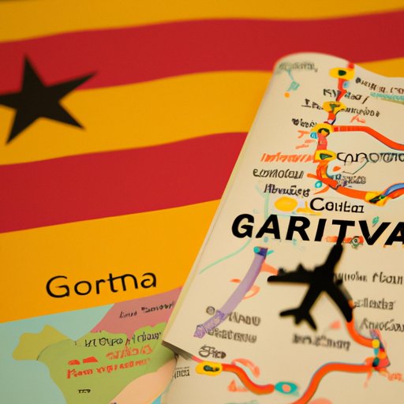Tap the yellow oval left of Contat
coord(286,204)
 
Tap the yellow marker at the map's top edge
coord(341,73)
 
